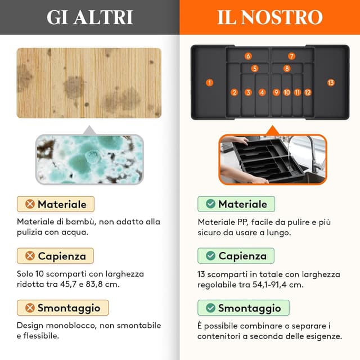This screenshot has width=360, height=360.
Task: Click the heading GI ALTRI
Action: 89,17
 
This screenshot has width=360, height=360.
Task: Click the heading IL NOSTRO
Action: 270,17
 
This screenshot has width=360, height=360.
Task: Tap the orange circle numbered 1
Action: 210,82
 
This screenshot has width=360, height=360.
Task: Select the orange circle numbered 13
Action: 331,82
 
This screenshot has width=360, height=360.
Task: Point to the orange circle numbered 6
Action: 248,56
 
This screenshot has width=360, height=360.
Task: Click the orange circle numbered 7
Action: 291,56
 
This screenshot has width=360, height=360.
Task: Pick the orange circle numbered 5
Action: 255,69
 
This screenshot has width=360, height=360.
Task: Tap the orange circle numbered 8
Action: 287,69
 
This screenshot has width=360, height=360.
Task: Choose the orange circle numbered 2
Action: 235,92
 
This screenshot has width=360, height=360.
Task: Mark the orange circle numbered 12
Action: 308,92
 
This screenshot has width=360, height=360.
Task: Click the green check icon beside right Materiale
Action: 210,204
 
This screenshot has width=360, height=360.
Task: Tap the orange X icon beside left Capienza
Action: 29,256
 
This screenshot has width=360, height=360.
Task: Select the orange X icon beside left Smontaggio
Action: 29,308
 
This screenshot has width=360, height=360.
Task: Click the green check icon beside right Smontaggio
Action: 210,308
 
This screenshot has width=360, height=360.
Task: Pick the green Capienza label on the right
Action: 236,256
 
